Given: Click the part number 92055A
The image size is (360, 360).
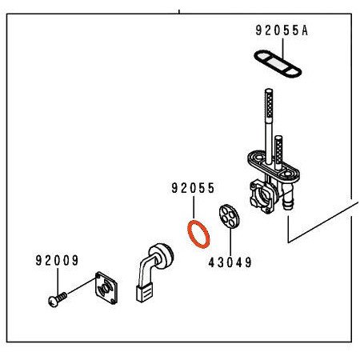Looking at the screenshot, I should [281, 32].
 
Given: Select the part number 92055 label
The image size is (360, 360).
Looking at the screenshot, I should [192, 190].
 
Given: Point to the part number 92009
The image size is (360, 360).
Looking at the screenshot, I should [57, 260].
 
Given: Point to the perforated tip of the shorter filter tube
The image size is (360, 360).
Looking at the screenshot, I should [279, 146].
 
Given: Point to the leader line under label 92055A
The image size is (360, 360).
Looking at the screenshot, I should [281, 46].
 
